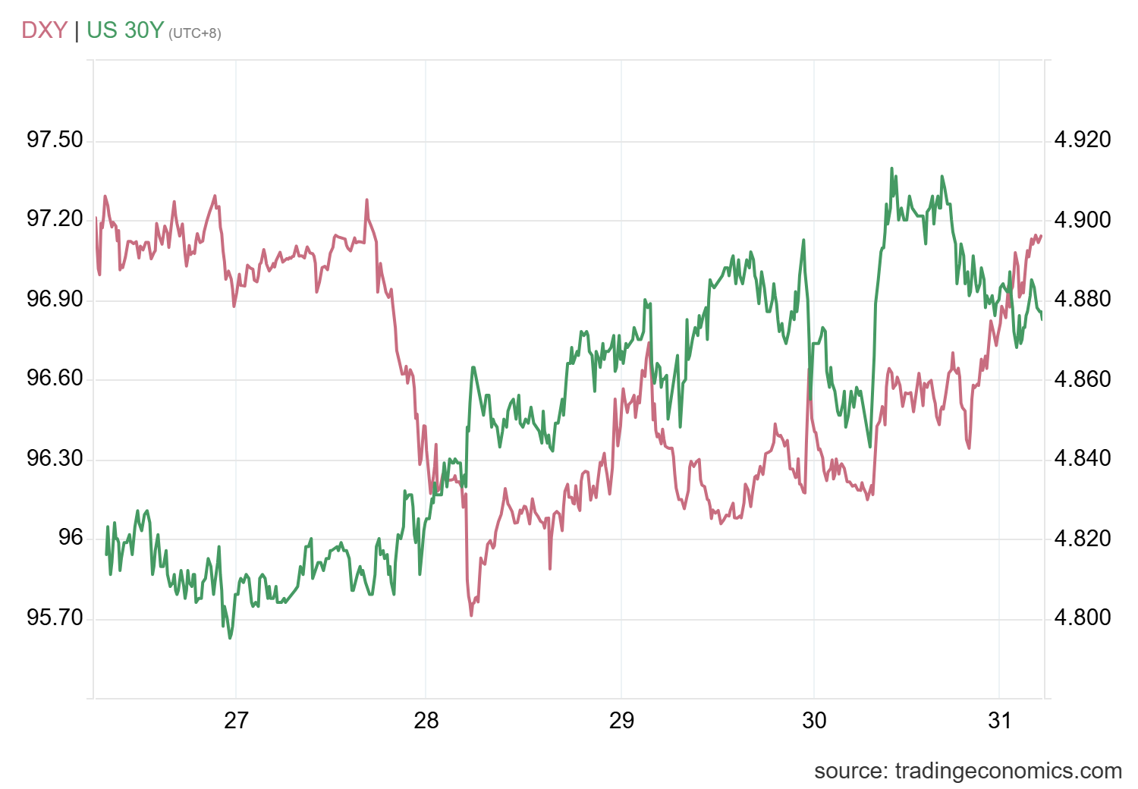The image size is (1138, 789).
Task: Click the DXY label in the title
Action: (44, 30)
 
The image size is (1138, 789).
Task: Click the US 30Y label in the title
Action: (125, 30)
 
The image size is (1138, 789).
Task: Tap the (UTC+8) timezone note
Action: (195, 33)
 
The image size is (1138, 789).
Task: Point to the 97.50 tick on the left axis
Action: (55, 140)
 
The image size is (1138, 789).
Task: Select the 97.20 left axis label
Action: (55, 219)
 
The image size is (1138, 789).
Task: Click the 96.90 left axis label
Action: (55, 299)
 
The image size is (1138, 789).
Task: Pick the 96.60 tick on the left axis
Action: (55, 379)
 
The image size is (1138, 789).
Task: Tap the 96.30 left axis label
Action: (55, 458)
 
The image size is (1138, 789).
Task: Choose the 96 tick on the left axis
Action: (71, 538)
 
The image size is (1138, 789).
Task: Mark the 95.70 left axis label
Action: (55, 618)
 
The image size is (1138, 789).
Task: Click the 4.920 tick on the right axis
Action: (1083, 140)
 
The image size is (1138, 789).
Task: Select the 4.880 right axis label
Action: (1083, 299)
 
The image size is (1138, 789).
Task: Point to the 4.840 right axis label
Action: (1083, 458)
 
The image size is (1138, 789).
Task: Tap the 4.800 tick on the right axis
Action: (1083, 618)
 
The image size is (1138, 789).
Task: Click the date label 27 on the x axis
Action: (236, 720)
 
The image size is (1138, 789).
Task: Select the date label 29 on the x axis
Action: (621, 720)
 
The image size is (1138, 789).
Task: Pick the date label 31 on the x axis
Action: (1000, 720)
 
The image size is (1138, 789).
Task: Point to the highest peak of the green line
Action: (891, 168)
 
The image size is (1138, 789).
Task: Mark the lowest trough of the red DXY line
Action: (471, 615)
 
